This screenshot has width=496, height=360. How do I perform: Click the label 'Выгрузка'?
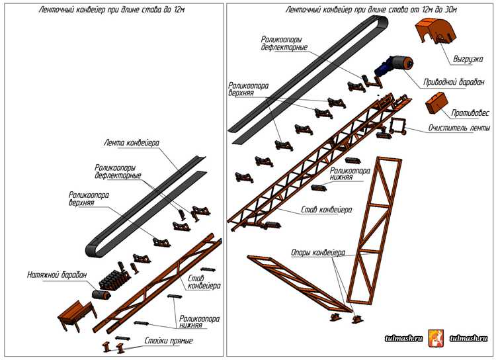[468, 59]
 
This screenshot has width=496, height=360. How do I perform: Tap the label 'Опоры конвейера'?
[318, 253]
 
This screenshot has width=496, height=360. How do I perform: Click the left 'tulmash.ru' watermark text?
[403, 338]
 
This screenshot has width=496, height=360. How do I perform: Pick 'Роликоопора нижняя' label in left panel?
[199, 322]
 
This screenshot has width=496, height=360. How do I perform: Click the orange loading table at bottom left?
[74, 315]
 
